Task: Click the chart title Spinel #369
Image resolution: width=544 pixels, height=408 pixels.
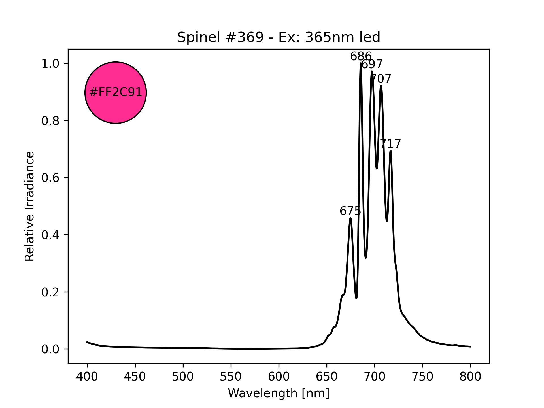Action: point(279,37)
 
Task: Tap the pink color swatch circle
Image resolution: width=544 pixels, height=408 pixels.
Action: point(116,93)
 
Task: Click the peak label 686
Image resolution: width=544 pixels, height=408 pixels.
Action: point(361,57)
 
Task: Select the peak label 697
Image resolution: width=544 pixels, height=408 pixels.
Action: point(372,65)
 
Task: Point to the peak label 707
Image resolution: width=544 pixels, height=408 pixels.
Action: point(381,79)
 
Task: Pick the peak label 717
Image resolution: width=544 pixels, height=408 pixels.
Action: point(390,144)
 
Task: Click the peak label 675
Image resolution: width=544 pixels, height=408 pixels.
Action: point(350,211)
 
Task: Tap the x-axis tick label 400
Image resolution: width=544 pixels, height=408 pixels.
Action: point(87,377)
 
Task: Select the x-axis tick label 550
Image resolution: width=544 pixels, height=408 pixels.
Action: point(231,377)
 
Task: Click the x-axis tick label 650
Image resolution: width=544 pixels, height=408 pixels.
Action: point(327,377)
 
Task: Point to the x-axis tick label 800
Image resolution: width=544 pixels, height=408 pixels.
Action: point(470,377)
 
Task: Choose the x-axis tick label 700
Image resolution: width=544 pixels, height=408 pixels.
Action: point(375,377)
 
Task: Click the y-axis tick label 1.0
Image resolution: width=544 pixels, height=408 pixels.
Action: point(50,64)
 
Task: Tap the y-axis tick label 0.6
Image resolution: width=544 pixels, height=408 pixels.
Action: point(50,178)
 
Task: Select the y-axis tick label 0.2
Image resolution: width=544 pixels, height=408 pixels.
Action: point(50,292)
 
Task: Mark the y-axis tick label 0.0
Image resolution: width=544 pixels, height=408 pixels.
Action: point(50,349)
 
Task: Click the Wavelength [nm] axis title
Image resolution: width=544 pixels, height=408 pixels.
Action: point(279,393)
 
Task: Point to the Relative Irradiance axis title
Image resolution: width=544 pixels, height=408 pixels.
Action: point(30,206)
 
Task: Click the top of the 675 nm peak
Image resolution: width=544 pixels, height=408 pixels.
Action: point(350,218)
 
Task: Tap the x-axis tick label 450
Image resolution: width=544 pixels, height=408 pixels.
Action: point(135,377)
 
